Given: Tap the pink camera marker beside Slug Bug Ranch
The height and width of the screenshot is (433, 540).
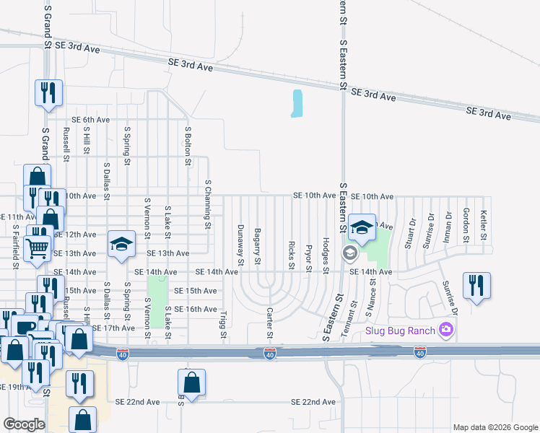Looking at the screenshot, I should (446, 331).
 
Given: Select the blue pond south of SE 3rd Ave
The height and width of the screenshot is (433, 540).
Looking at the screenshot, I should (297, 103).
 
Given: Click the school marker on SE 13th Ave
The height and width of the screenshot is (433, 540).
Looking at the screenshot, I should (122, 244).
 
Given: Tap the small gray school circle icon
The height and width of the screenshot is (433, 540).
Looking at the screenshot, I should (349, 253).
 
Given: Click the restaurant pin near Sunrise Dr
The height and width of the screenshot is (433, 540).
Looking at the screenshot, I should (476, 286).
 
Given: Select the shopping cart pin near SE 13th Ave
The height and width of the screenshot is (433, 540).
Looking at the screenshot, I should (38, 248).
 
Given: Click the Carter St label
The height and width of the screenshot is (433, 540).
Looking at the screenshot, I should (269, 323).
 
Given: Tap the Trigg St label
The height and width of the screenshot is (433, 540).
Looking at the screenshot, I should (222, 323).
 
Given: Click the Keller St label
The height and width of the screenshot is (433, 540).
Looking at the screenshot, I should (484, 224).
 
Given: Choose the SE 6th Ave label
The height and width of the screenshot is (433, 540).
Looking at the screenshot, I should (90, 120).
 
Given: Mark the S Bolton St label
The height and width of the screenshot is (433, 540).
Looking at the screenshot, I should (187, 144).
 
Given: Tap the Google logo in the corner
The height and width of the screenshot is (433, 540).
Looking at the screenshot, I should (25, 424).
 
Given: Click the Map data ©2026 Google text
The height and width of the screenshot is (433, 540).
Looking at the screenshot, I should (494, 427).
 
